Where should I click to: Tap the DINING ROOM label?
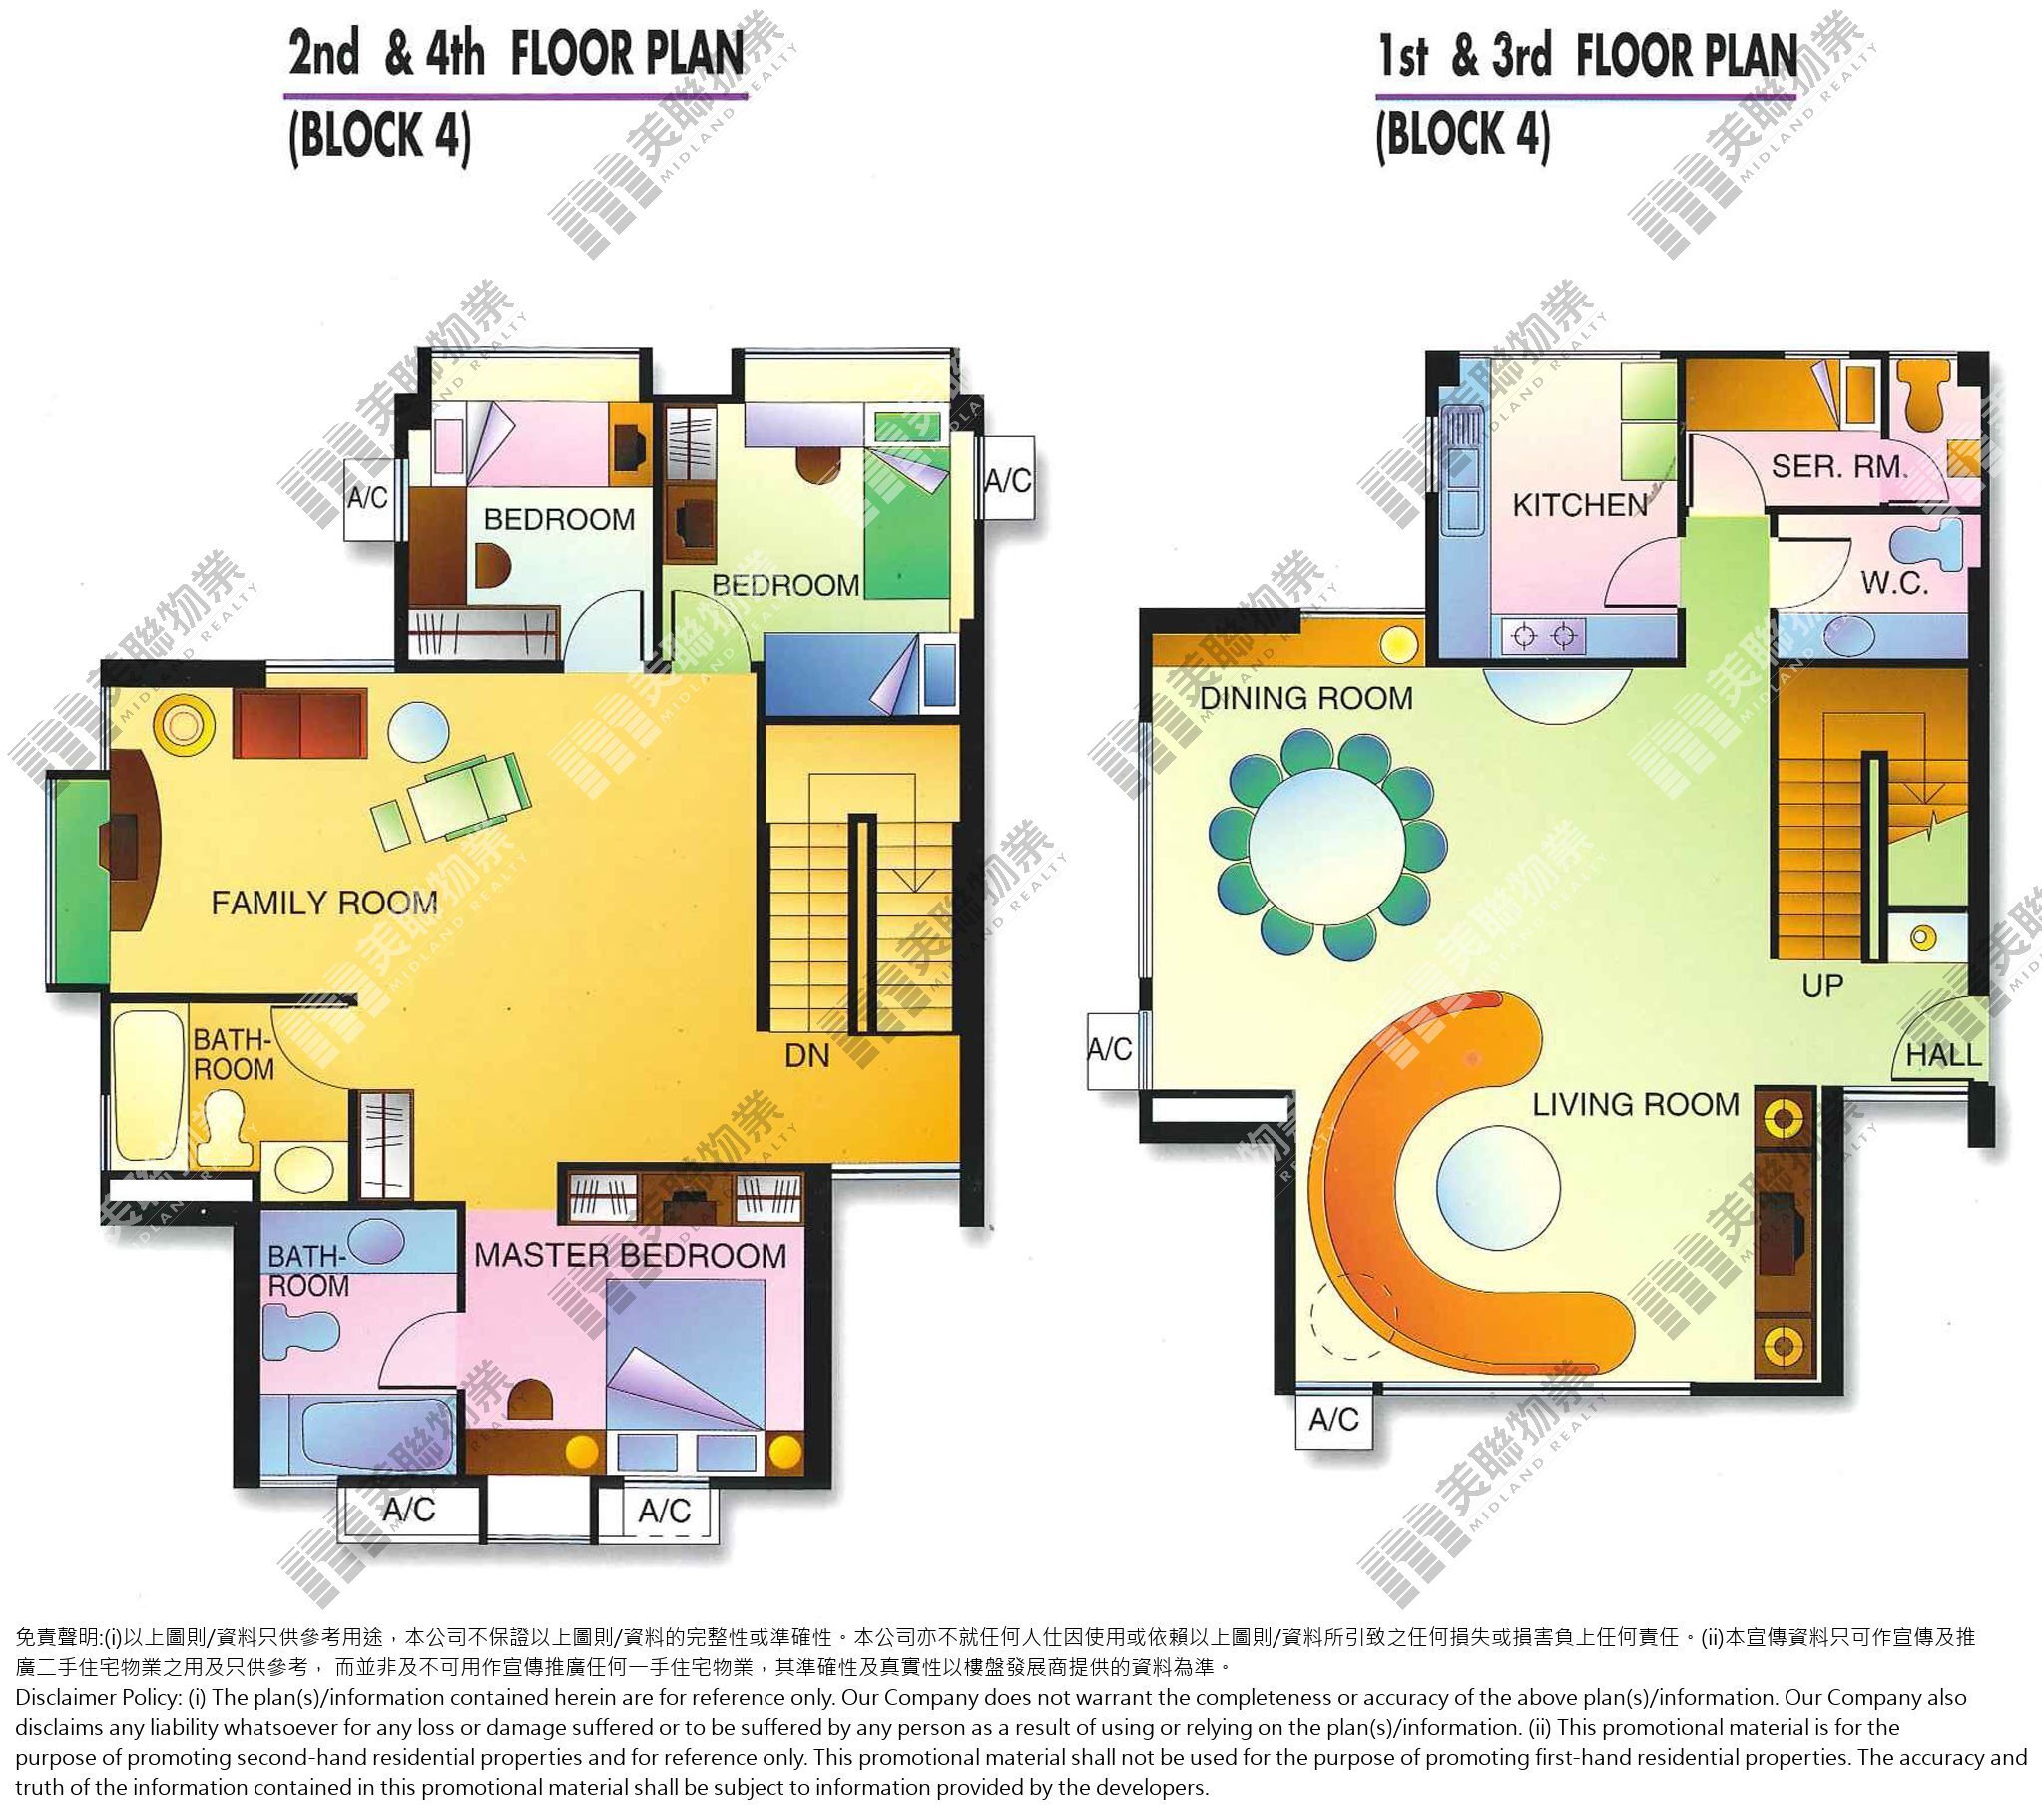click(x=1306, y=698)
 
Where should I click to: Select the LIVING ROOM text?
click(x=1637, y=1104)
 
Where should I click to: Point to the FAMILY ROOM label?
click(x=324, y=903)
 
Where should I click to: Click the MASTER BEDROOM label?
click(x=631, y=1255)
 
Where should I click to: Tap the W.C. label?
click(x=1894, y=583)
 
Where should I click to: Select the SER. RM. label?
click(x=1839, y=466)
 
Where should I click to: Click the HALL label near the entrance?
click(x=1943, y=1054)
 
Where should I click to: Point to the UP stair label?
click(x=1823, y=985)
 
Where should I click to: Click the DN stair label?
click(x=807, y=1055)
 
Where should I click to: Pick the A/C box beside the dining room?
click(x=1111, y=1049)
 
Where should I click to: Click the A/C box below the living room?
click(x=1332, y=1419)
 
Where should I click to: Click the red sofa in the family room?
click(x=300, y=722)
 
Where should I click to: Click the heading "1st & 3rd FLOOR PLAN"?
click(x=1588, y=55)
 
